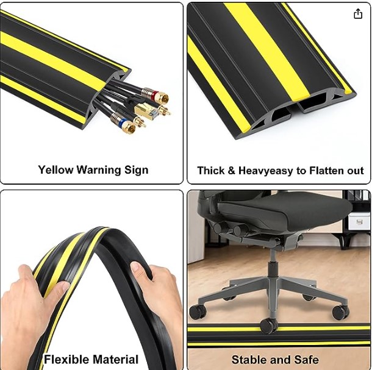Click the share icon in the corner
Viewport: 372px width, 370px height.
(x=358, y=13)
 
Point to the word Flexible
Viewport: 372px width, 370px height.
(x=66, y=359)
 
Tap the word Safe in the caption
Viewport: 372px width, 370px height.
(x=307, y=360)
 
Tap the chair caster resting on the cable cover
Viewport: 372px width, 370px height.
(x=268, y=326)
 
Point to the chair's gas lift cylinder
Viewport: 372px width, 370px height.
(x=273, y=265)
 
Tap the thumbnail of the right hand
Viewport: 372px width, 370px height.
(x=136, y=268)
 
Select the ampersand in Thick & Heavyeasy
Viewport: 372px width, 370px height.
(x=232, y=171)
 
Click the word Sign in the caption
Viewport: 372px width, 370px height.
(x=137, y=171)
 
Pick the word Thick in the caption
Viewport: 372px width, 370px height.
(x=211, y=171)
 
